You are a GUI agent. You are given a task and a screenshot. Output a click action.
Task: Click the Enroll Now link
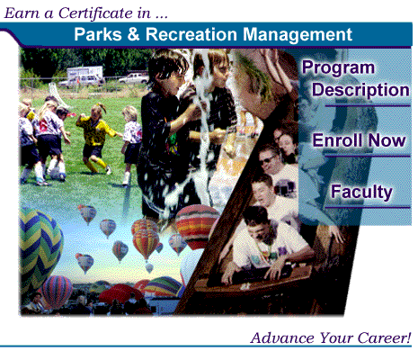359,141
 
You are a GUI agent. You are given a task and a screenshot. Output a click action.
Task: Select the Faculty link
361,191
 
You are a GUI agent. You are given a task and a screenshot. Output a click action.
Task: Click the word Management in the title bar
293,35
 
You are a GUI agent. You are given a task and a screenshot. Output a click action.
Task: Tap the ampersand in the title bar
134,35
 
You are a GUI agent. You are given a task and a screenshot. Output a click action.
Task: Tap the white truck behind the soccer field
85,75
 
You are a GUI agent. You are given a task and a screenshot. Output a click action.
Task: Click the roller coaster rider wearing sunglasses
271,162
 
